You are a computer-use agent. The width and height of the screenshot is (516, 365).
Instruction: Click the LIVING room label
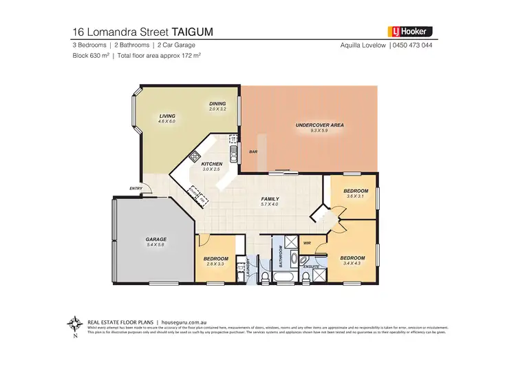(167, 116)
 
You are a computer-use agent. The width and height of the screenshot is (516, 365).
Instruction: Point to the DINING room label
(217, 103)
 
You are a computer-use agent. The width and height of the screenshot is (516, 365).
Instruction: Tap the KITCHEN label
(211, 164)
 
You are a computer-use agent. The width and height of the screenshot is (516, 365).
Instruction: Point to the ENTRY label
(135, 188)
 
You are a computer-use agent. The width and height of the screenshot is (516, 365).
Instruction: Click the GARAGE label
(156, 239)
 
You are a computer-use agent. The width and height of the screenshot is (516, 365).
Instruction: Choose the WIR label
(307, 243)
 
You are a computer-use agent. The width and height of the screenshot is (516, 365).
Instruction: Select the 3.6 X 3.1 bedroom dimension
(356, 196)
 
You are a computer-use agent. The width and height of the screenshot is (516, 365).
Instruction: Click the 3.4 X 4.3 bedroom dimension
(352, 263)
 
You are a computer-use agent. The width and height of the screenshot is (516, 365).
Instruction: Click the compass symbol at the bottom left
(73, 323)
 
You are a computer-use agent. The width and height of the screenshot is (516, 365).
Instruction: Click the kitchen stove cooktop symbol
(195, 155)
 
